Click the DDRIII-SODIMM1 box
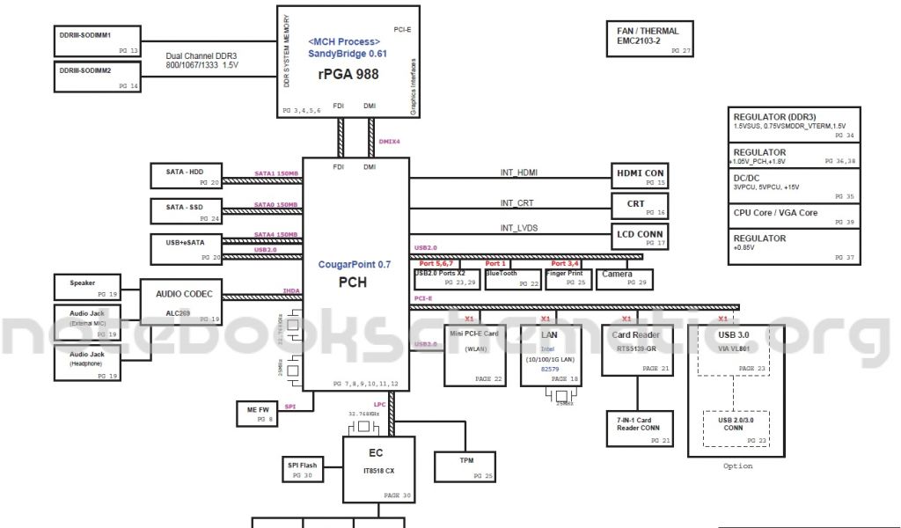[98, 41]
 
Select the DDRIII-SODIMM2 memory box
[98, 77]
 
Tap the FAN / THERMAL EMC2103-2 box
[650, 40]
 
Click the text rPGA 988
[348, 75]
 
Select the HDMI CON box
[641, 177]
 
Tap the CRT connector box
[641, 208]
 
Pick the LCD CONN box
[641, 238]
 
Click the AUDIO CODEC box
[184, 301]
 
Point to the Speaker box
[88, 287]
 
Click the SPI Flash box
[299, 469]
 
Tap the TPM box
[466, 466]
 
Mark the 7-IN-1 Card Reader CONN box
[640, 429]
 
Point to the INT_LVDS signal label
[519, 228]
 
